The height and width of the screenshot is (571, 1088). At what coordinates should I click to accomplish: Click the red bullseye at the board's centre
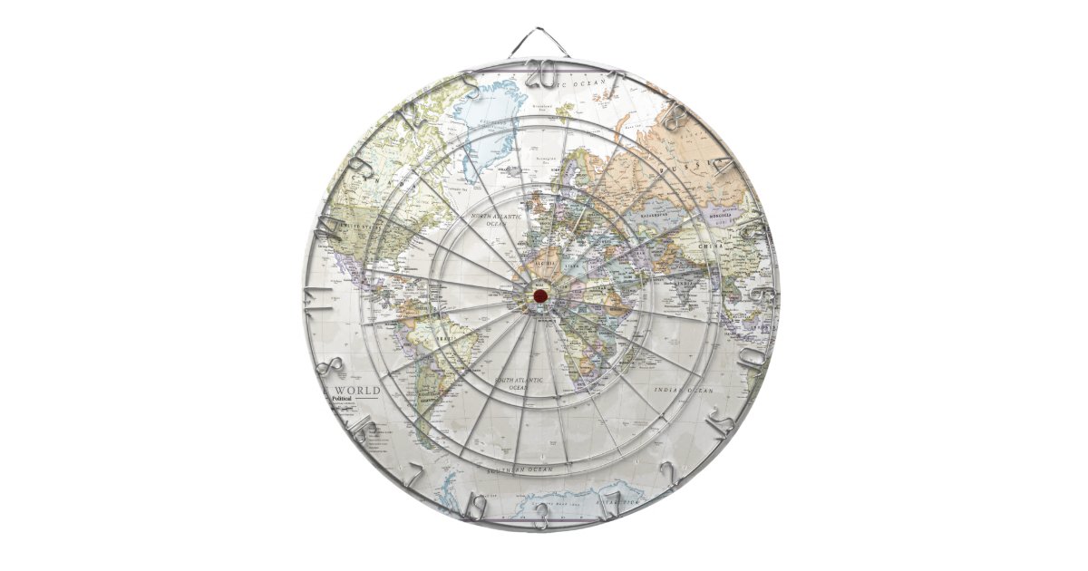pos(539,295)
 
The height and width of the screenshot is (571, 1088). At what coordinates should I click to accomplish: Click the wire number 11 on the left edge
pos(317,295)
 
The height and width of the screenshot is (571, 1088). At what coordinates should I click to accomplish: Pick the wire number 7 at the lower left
pos(413,478)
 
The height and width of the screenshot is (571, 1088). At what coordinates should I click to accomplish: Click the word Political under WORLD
pos(343,400)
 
